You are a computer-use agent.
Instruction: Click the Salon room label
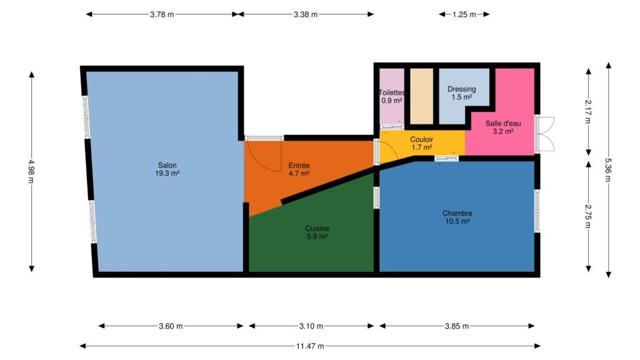(167, 169)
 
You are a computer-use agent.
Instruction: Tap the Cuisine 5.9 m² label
(317, 232)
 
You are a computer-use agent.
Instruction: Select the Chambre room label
(457, 217)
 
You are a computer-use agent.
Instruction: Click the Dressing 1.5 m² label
(462, 93)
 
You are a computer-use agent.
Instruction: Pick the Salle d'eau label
(503, 127)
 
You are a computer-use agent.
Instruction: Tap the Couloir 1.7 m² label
(422, 143)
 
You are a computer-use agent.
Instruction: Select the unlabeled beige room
(422, 96)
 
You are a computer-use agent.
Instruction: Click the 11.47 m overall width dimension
(310, 346)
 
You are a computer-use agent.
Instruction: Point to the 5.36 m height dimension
(609, 170)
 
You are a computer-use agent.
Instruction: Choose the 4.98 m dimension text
(31, 171)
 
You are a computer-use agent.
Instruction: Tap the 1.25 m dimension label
(464, 14)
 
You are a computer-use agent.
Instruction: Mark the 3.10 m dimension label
(311, 326)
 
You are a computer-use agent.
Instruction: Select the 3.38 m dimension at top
(305, 14)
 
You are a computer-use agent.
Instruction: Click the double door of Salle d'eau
(545, 134)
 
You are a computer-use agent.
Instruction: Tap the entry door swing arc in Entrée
(261, 161)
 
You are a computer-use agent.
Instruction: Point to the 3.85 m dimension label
(457, 326)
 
